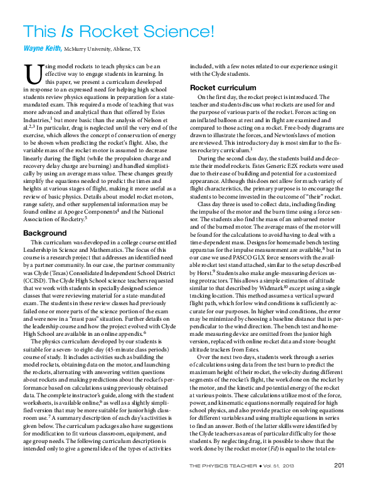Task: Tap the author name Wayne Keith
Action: click(x=41, y=48)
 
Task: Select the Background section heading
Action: click(x=45, y=233)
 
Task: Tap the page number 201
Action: click(x=338, y=464)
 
